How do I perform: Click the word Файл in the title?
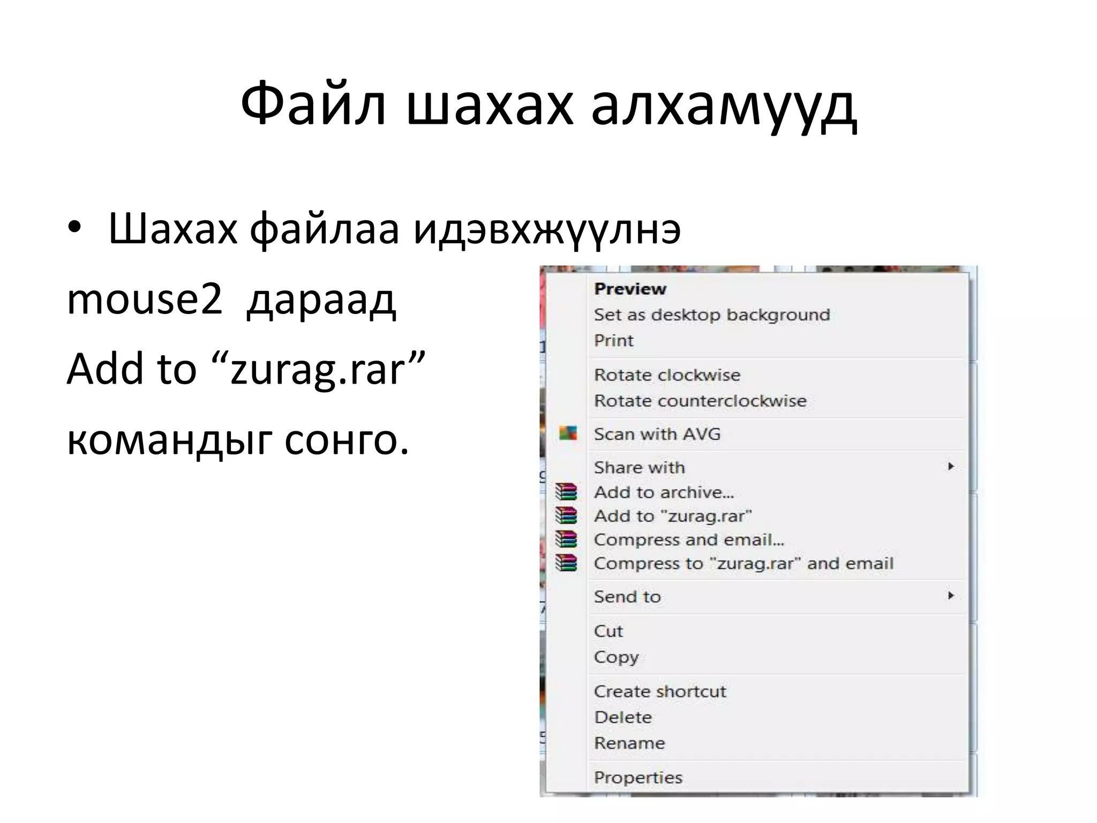tap(313, 104)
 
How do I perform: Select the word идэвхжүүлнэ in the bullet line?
tap(546, 229)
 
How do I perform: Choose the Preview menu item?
tap(630, 289)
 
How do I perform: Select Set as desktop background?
tap(711, 315)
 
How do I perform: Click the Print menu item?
tap(613, 340)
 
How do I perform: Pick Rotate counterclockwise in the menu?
tap(700, 401)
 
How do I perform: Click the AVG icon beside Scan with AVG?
tap(568, 433)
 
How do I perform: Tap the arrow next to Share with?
tap(951, 466)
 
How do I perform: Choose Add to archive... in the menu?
tap(664, 492)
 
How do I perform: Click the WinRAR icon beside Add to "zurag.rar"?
tap(566, 515)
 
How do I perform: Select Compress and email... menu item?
tap(688, 540)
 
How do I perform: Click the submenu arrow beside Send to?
tap(951, 595)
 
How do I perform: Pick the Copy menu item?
tap(616, 657)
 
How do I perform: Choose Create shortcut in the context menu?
tap(659, 691)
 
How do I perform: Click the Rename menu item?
tap(629, 743)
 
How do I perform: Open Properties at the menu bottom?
tap(638, 777)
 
